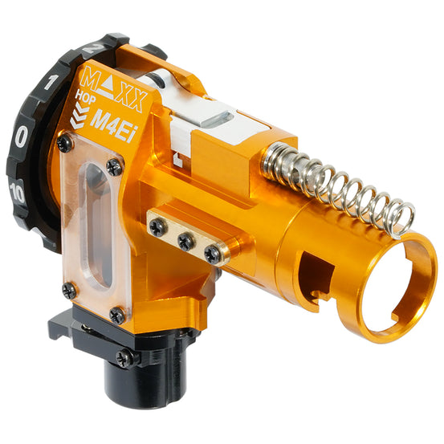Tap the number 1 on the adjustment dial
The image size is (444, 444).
(x=51, y=81)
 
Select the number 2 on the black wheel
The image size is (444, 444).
(x=95, y=48)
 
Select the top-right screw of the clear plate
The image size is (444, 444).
(x=115, y=167)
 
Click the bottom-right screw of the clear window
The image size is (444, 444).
(x=117, y=315)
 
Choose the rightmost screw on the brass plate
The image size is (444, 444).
(x=213, y=254)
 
